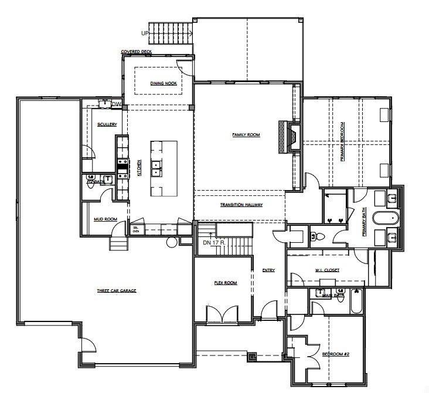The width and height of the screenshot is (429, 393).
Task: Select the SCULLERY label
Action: tap(107, 124)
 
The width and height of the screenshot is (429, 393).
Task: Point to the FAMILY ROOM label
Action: tap(246, 135)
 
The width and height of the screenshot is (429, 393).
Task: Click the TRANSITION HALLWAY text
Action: tap(241, 205)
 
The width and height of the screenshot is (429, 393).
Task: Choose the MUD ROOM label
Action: tap(105, 219)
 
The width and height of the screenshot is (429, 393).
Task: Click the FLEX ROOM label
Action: tap(225, 283)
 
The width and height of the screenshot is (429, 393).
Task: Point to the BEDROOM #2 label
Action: tap(336, 354)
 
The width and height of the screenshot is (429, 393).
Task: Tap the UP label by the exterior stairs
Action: tap(145, 33)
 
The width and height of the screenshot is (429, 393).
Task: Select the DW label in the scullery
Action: tap(116, 104)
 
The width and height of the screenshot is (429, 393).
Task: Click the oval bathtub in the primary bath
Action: tap(385, 218)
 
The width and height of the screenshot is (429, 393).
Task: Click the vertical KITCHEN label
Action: tap(139, 168)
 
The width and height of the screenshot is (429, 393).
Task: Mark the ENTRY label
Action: tap(269, 270)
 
